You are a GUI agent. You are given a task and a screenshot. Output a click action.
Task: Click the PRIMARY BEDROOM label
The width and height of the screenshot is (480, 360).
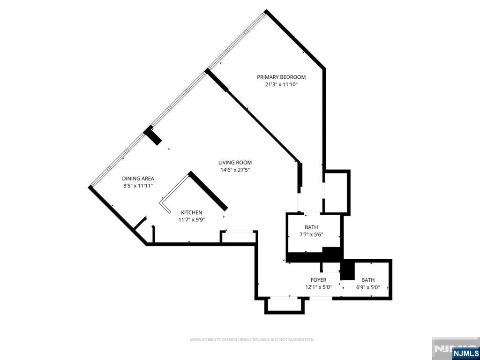coord(281,77)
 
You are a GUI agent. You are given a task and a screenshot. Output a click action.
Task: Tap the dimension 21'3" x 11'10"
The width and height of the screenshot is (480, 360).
coord(281,85)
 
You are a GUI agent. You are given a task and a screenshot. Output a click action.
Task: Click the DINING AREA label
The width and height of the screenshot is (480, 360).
coord(138,178)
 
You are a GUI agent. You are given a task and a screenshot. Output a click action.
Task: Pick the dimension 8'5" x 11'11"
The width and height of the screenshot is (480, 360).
coord(138,186)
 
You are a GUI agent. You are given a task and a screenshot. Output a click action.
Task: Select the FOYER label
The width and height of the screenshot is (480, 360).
coord(318,280)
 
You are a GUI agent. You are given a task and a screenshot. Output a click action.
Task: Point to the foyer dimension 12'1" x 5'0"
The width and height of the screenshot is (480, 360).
coord(318,287)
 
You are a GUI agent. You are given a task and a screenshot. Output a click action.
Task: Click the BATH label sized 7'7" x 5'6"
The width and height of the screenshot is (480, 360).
coord(311,227)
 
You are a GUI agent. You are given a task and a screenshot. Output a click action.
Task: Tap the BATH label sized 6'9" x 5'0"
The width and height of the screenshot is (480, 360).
coord(368,280)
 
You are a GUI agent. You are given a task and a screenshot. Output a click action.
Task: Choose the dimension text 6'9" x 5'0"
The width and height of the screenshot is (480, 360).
coord(368,287)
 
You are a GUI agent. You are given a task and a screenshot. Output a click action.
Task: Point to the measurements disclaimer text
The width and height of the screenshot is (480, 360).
coord(252,339)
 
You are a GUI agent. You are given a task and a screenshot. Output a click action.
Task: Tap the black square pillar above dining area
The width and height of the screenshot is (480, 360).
coord(153,135)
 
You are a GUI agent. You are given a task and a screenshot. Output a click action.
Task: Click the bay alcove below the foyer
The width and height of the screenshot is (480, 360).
coord(284,305)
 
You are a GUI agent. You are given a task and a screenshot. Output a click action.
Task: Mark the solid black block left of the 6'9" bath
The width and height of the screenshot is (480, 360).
coord(347,270)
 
